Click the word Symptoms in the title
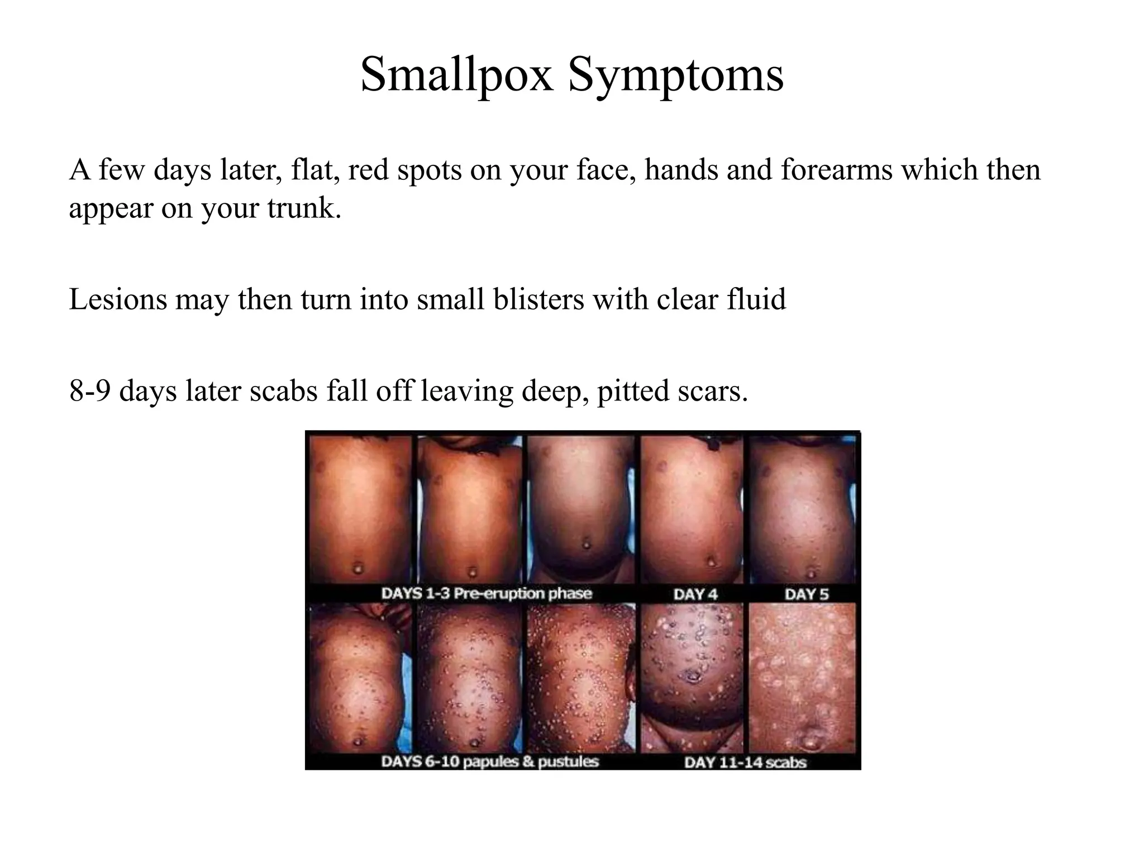[x=676, y=75]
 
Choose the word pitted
[x=632, y=390]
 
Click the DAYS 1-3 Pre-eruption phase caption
[x=486, y=593]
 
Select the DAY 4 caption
[x=695, y=594]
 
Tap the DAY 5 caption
[x=807, y=594]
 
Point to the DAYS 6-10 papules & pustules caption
[x=489, y=761]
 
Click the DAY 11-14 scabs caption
[x=745, y=762]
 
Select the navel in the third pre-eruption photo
[x=585, y=543]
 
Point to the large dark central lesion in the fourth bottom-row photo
[x=693, y=677]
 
